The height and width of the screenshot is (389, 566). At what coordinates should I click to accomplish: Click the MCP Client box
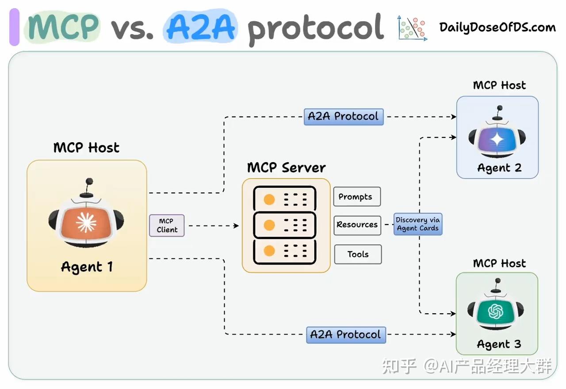coord(167,226)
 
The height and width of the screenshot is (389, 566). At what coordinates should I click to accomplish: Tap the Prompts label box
coord(357,197)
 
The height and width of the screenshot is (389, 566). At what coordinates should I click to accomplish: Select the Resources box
coord(357,225)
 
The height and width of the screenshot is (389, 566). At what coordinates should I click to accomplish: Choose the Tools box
coord(358,254)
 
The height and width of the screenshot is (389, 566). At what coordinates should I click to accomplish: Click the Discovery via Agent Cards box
coord(417,224)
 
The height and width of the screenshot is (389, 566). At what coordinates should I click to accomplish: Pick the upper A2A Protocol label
coord(343,117)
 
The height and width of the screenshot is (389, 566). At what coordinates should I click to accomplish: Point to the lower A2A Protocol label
coord(346,335)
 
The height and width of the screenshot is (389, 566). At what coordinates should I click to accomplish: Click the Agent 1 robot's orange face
coord(86,222)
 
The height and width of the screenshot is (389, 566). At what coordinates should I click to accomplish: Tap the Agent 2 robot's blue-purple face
coord(497,140)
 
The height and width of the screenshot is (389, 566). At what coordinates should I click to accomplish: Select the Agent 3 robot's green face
coord(496,313)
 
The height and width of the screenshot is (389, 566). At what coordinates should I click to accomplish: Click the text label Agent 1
coord(87,267)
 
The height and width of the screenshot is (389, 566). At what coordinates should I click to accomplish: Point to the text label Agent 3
coord(499,344)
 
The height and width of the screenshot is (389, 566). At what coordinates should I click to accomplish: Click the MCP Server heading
coord(286,167)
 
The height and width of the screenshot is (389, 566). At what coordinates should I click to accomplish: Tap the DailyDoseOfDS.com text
coord(497,27)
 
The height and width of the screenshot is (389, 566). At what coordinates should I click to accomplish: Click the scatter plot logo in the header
coord(413,28)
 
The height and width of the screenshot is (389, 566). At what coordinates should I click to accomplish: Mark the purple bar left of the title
coord(14,27)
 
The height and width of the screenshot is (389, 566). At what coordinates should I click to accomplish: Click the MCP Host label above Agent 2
coord(499,85)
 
